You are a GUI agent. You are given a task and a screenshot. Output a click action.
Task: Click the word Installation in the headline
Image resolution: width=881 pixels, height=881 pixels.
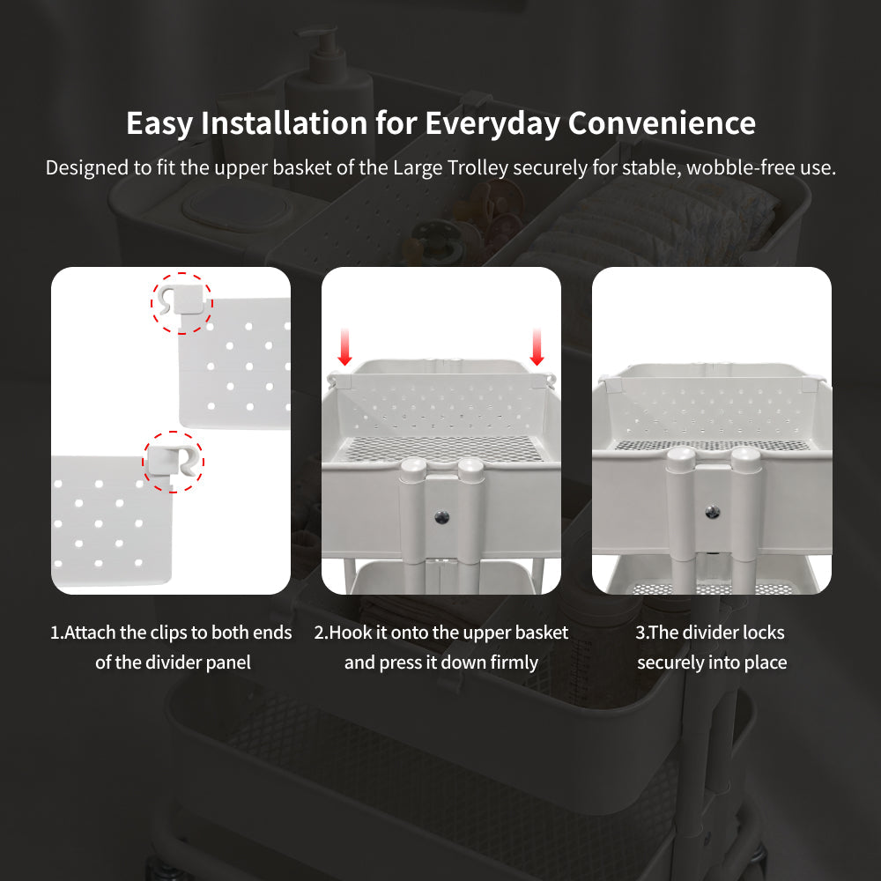click(285, 122)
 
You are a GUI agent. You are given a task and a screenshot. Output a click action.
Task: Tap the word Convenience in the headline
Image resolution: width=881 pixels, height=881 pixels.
click(662, 122)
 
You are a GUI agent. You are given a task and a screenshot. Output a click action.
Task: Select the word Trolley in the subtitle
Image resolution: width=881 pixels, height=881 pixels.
click(478, 168)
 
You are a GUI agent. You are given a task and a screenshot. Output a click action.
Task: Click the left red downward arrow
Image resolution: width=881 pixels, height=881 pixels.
click(345, 346)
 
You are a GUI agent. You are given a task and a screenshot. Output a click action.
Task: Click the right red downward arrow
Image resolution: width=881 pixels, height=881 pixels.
click(537, 346)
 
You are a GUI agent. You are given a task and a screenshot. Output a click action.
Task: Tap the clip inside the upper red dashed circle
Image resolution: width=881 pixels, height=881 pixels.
click(179, 300)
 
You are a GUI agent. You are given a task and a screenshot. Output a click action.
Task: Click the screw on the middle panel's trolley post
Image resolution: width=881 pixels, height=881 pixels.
click(442, 517)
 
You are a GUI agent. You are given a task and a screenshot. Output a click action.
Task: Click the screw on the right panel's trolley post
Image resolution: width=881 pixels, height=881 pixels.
click(713, 512)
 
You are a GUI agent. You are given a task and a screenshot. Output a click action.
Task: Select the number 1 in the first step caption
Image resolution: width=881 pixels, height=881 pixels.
click(55, 633)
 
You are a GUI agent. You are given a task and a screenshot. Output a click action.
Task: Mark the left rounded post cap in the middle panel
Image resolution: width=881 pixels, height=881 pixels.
click(413, 468)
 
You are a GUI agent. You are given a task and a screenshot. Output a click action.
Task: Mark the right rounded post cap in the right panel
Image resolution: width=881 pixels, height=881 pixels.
click(745, 455)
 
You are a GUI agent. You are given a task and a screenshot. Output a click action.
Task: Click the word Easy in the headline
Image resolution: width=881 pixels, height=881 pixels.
click(159, 123)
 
